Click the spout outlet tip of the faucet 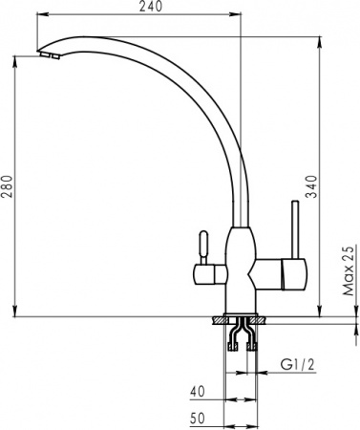click(x=48, y=57)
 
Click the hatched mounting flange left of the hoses click(x=221, y=321)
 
